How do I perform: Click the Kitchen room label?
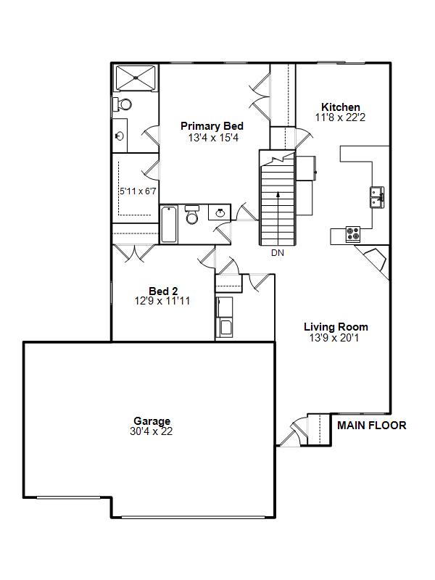click(340, 107)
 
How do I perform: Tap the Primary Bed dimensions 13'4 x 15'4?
click(213, 138)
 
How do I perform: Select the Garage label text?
click(152, 421)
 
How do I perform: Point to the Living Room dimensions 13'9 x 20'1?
click(334, 338)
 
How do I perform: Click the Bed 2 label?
click(163, 291)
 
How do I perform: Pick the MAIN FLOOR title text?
click(372, 426)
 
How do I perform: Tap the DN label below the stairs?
click(278, 253)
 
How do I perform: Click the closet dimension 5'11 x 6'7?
click(138, 191)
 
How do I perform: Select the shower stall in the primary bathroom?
click(136, 78)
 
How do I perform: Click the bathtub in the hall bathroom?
click(169, 225)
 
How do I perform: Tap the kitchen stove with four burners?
click(353, 233)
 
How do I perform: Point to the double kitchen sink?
click(377, 197)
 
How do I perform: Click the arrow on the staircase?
click(278, 215)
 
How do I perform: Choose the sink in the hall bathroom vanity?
click(220, 212)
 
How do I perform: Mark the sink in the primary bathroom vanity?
click(120, 136)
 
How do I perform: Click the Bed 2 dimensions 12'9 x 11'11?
click(162, 301)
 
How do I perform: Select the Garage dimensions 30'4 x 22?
click(152, 431)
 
